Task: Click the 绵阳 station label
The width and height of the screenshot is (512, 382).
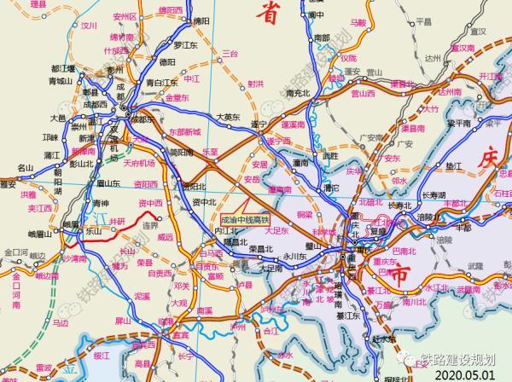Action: pyautogui.click(x=201, y=20)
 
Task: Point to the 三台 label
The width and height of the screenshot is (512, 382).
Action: pyautogui.click(x=228, y=53)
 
